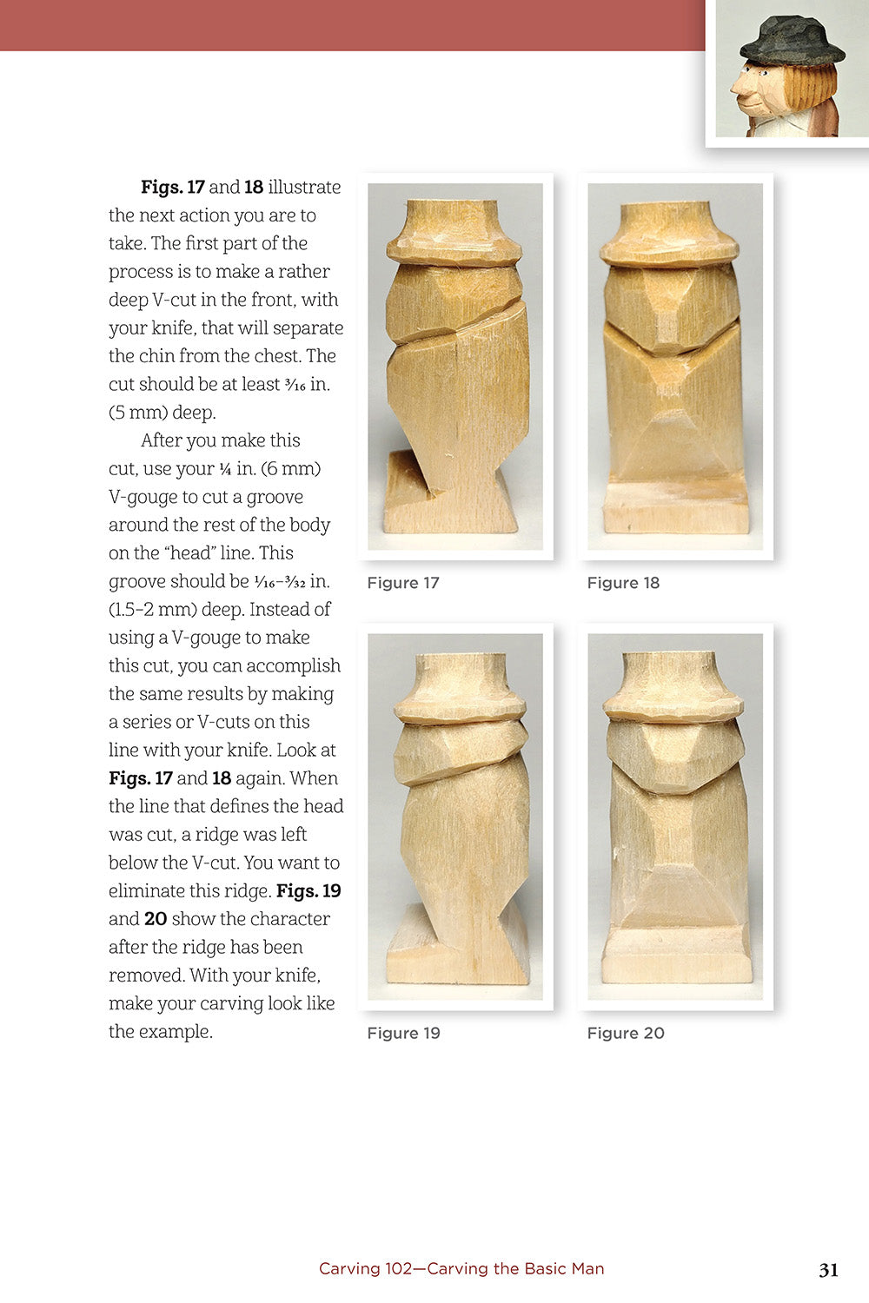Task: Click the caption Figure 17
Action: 403,583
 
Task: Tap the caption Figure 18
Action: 623,583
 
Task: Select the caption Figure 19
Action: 403,1033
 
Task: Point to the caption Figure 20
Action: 626,1033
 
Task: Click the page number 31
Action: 828,1270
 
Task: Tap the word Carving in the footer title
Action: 349,1268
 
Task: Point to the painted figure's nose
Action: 738,88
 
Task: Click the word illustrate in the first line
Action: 304,187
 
